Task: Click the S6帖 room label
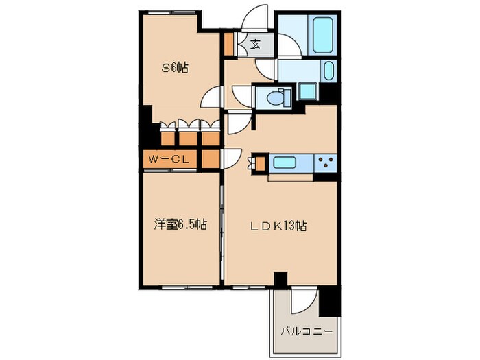[175, 67]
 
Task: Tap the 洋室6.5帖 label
[180, 224]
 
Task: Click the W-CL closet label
[169, 159]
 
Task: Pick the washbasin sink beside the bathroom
[327, 71]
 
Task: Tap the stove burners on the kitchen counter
[326, 163]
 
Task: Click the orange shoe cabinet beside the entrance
[228, 45]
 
